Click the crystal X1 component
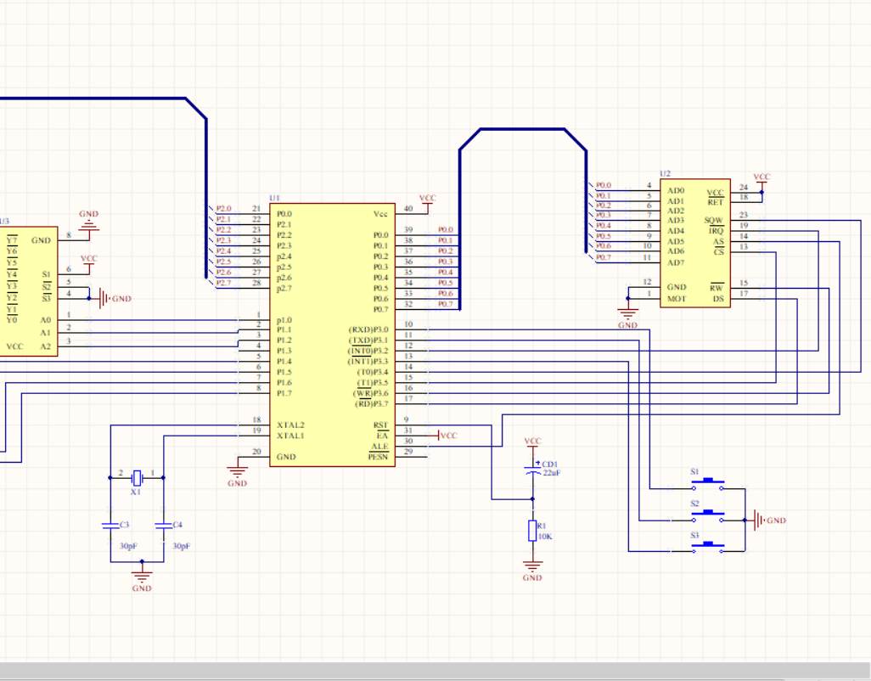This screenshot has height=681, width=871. point(136,477)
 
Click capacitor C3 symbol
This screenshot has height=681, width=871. point(110,526)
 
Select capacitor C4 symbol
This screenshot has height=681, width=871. point(163,526)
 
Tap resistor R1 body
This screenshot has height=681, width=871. point(532,531)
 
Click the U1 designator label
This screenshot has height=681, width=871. point(274,198)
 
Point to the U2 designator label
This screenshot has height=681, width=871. point(666,173)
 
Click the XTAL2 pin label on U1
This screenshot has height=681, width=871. point(290,425)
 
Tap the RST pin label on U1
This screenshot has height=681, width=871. point(380,425)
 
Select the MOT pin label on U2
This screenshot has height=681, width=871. point(677,298)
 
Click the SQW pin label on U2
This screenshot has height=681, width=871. point(714,220)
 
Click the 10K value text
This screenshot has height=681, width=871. point(545,537)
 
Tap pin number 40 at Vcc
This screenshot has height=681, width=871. point(407,209)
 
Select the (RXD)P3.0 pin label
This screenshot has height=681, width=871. point(368,329)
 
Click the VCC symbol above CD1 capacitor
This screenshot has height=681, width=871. point(532,443)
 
